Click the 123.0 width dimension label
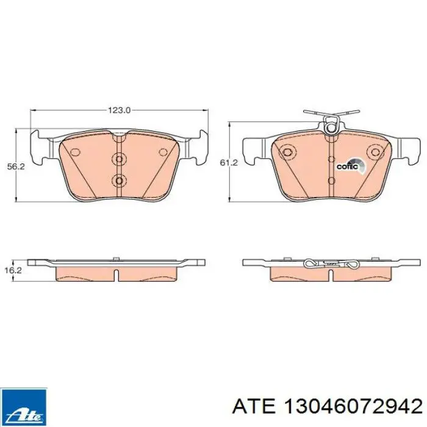click(x=120, y=110)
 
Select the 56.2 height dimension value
click(x=16, y=167)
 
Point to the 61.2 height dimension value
click(x=229, y=163)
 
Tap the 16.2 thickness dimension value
click(x=13, y=270)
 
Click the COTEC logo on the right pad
click(x=351, y=165)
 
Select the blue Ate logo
click(x=24, y=407)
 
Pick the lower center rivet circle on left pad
click(x=119, y=180)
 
